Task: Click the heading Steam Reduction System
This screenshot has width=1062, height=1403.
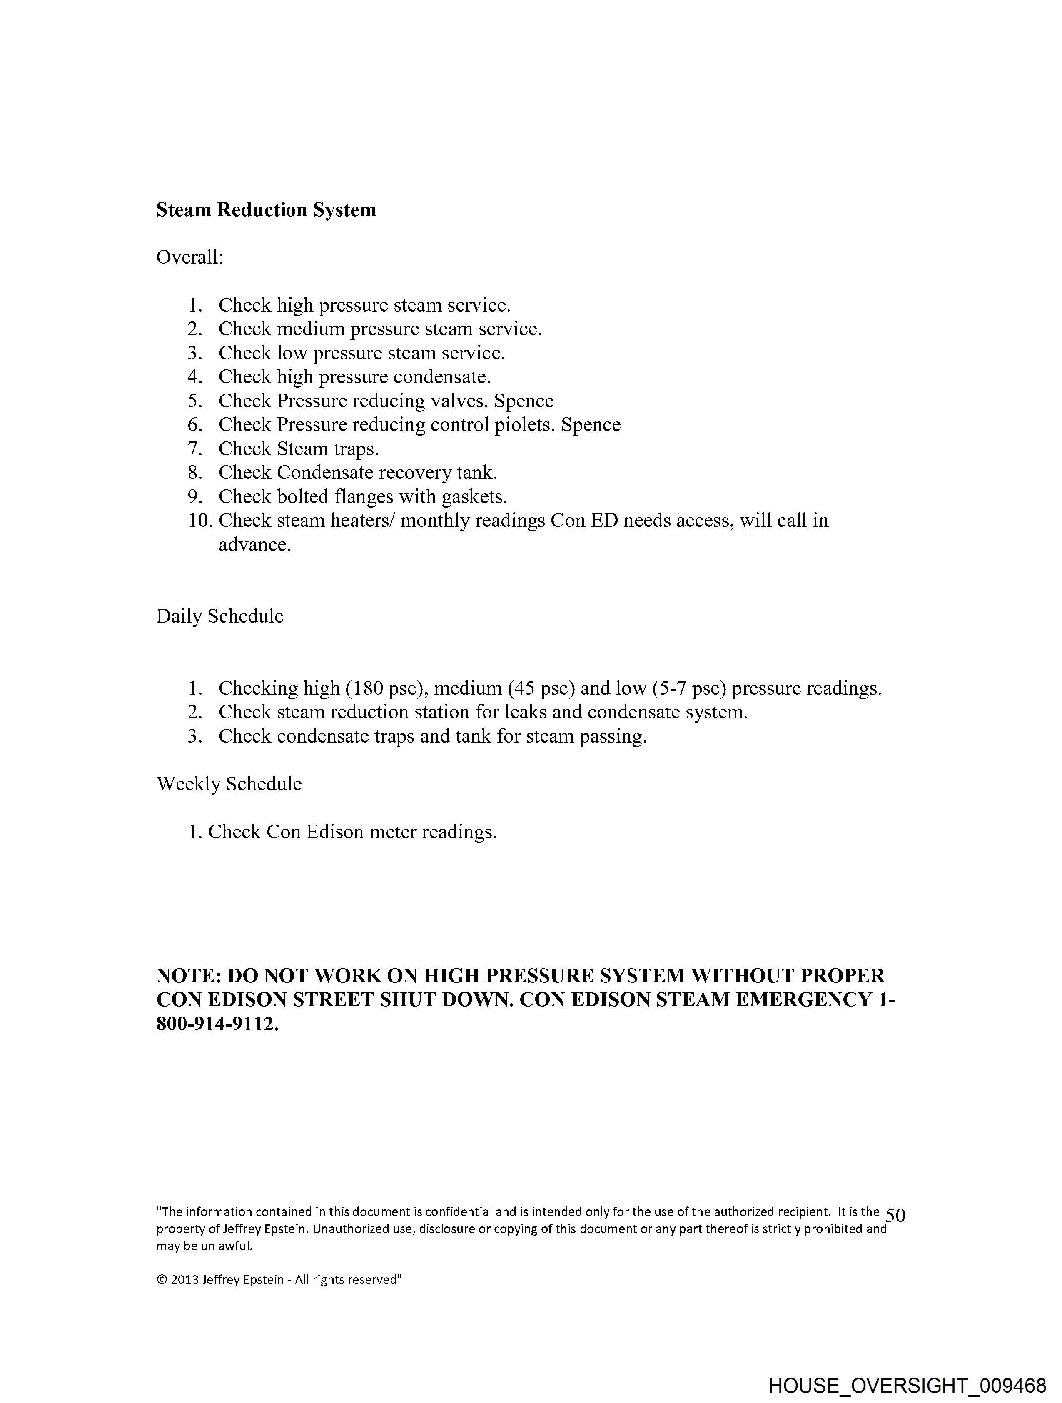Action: (266, 210)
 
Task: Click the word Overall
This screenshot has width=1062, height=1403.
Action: (189, 257)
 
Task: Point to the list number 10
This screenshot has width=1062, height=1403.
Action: (199, 521)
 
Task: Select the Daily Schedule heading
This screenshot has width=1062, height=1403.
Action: (219, 616)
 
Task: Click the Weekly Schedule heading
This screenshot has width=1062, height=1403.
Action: (229, 784)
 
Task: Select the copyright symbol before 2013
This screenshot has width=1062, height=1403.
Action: (162, 1280)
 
